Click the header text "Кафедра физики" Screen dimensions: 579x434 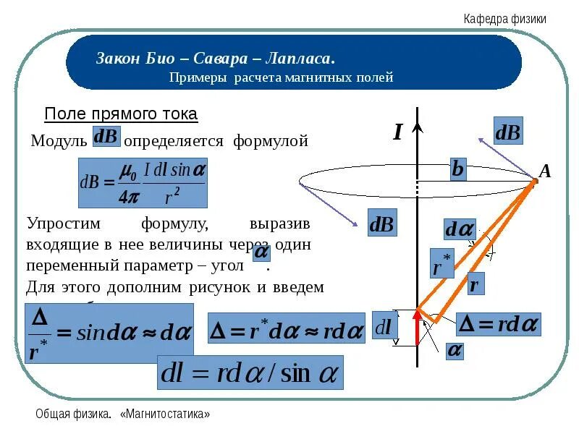[x=504, y=20]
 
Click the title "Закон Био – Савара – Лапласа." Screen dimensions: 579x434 [x=215, y=58]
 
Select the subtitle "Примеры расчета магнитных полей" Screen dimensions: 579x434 [x=281, y=77]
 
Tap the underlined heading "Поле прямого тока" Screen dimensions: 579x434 [x=121, y=114]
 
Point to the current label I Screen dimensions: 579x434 [x=397, y=132]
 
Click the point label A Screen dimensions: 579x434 [x=545, y=171]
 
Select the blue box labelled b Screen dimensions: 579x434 [x=457, y=169]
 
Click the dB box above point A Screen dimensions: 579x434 [x=507, y=132]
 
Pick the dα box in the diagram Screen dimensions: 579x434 [x=459, y=229]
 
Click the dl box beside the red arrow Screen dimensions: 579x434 [x=384, y=328]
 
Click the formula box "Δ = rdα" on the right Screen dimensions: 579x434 [x=499, y=324]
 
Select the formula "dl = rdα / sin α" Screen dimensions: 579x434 [x=250, y=374]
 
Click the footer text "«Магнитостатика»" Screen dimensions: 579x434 [x=166, y=414]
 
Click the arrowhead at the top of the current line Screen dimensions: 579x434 [x=418, y=128]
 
